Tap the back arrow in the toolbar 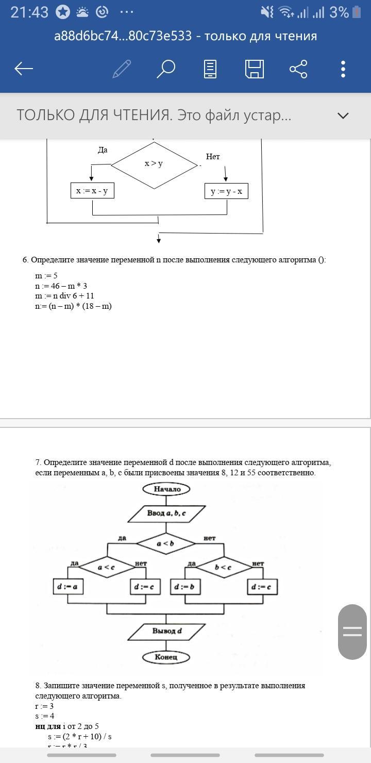pyautogui.click(x=24, y=69)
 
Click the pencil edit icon pyautogui.click(x=122, y=69)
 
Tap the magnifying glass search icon pyautogui.click(x=166, y=69)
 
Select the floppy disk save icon pyautogui.click(x=254, y=69)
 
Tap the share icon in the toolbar pyautogui.click(x=298, y=69)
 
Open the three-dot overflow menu pyautogui.click(x=343, y=69)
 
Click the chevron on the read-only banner pyautogui.click(x=343, y=115)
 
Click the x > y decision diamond pyautogui.click(x=154, y=164)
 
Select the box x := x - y pyautogui.click(x=92, y=191)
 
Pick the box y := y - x pyautogui.click(x=226, y=191)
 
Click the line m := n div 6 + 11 pyautogui.click(x=64, y=296)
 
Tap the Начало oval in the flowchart pyautogui.click(x=166, y=489)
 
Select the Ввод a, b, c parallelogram pyautogui.click(x=166, y=513)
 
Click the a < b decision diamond pyautogui.click(x=166, y=543)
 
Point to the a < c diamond pyautogui.click(x=107, y=567)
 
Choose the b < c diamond pyautogui.click(x=224, y=567)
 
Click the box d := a pyautogui.click(x=68, y=587)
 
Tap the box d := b pyautogui.click(x=185, y=587)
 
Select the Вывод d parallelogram pyautogui.click(x=166, y=631)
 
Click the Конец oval pyautogui.click(x=166, y=657)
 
